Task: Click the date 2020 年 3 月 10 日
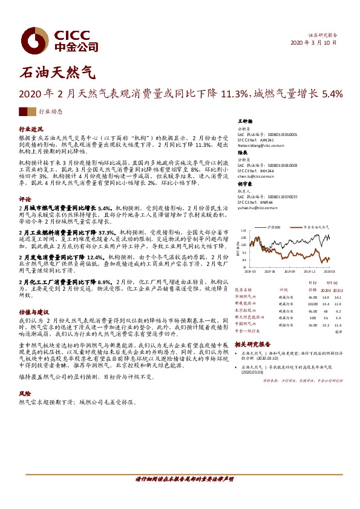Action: point(314,44)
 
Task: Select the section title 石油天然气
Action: point(58,74)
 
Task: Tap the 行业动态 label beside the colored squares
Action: point(51,112)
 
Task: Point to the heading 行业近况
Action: point(31,130)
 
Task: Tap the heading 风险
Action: point(25,392)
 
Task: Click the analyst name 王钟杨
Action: point(244,122)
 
